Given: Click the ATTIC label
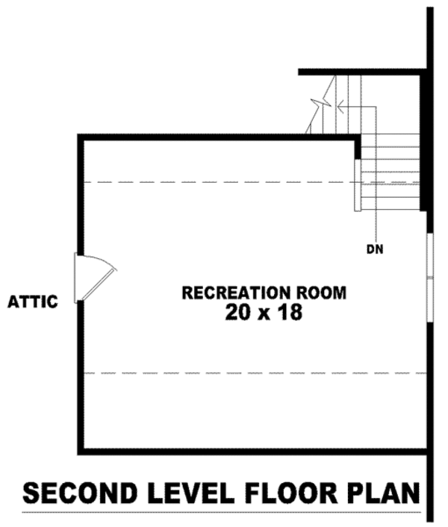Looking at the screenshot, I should coord(33,302).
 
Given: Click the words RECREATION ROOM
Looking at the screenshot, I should coord(264,292).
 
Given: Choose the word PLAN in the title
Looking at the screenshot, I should coord(387,493).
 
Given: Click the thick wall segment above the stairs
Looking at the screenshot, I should coord(362,72).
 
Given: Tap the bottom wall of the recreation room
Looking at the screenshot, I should coord(254,452).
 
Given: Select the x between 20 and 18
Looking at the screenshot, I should coord(264,314).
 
